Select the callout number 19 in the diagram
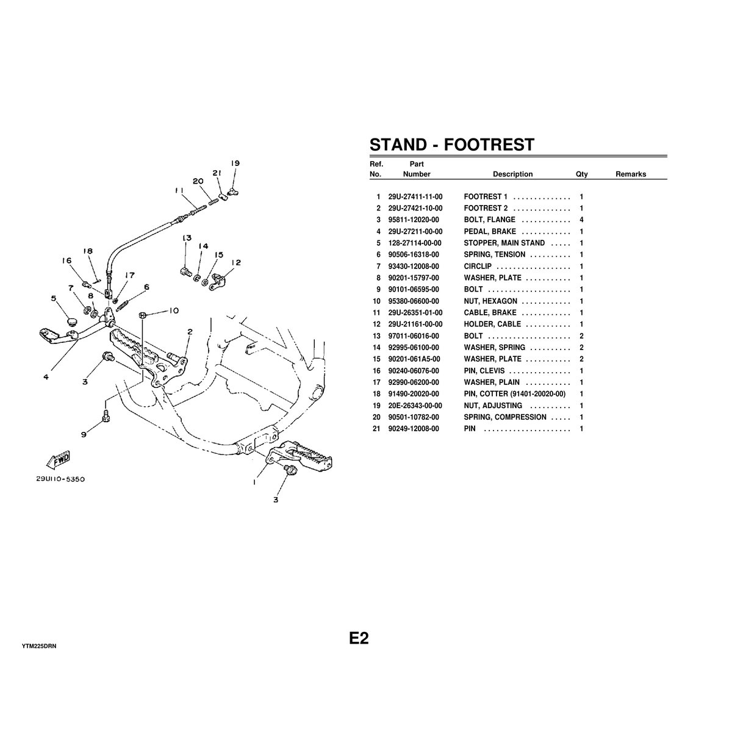235,163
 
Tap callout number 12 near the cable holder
236,263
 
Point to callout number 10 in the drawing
173,310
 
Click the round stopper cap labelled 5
71,320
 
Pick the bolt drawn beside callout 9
105,416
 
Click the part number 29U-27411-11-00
415,197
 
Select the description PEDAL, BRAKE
490,232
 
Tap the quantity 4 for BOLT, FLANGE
581,220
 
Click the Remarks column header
630,174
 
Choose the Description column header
512,174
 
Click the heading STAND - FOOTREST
451,145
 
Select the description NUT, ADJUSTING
493,406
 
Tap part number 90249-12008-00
415,429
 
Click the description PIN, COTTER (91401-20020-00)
514,394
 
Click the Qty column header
581,174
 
